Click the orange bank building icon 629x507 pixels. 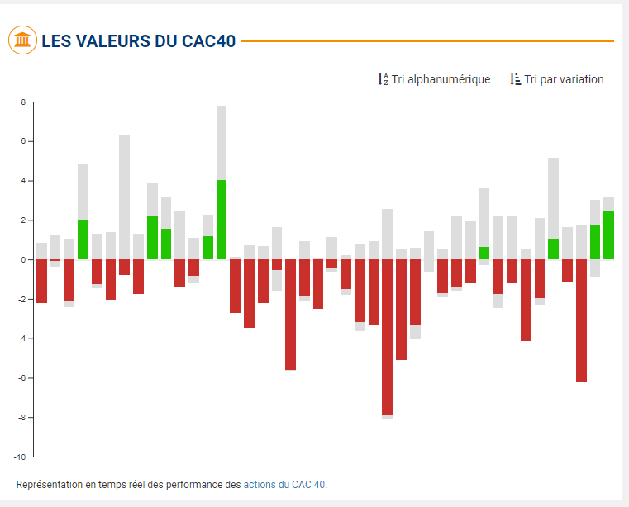tap(22, 40)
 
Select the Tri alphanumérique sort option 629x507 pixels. tap(441, 79)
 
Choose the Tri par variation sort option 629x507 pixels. tap(564, 79)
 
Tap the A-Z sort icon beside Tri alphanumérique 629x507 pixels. tap(383, 79)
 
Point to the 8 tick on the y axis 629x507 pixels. tap(24, 102)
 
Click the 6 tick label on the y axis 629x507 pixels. tap(24, 142)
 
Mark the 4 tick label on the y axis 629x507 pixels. tap(24, 181)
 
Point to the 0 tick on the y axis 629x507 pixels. tap(24, 260)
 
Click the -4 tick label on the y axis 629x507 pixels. tap(22, 339)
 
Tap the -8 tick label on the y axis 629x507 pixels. tap(22, 418)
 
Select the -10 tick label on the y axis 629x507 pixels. tap(21, 457)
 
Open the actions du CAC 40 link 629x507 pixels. tap(284, 484)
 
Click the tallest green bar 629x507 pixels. tap(222, 220)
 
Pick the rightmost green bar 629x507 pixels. tap(608, 235)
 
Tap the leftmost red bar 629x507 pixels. tap(41, 281)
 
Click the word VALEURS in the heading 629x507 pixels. tap(113, 40)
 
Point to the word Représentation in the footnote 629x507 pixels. tap(49, 484)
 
